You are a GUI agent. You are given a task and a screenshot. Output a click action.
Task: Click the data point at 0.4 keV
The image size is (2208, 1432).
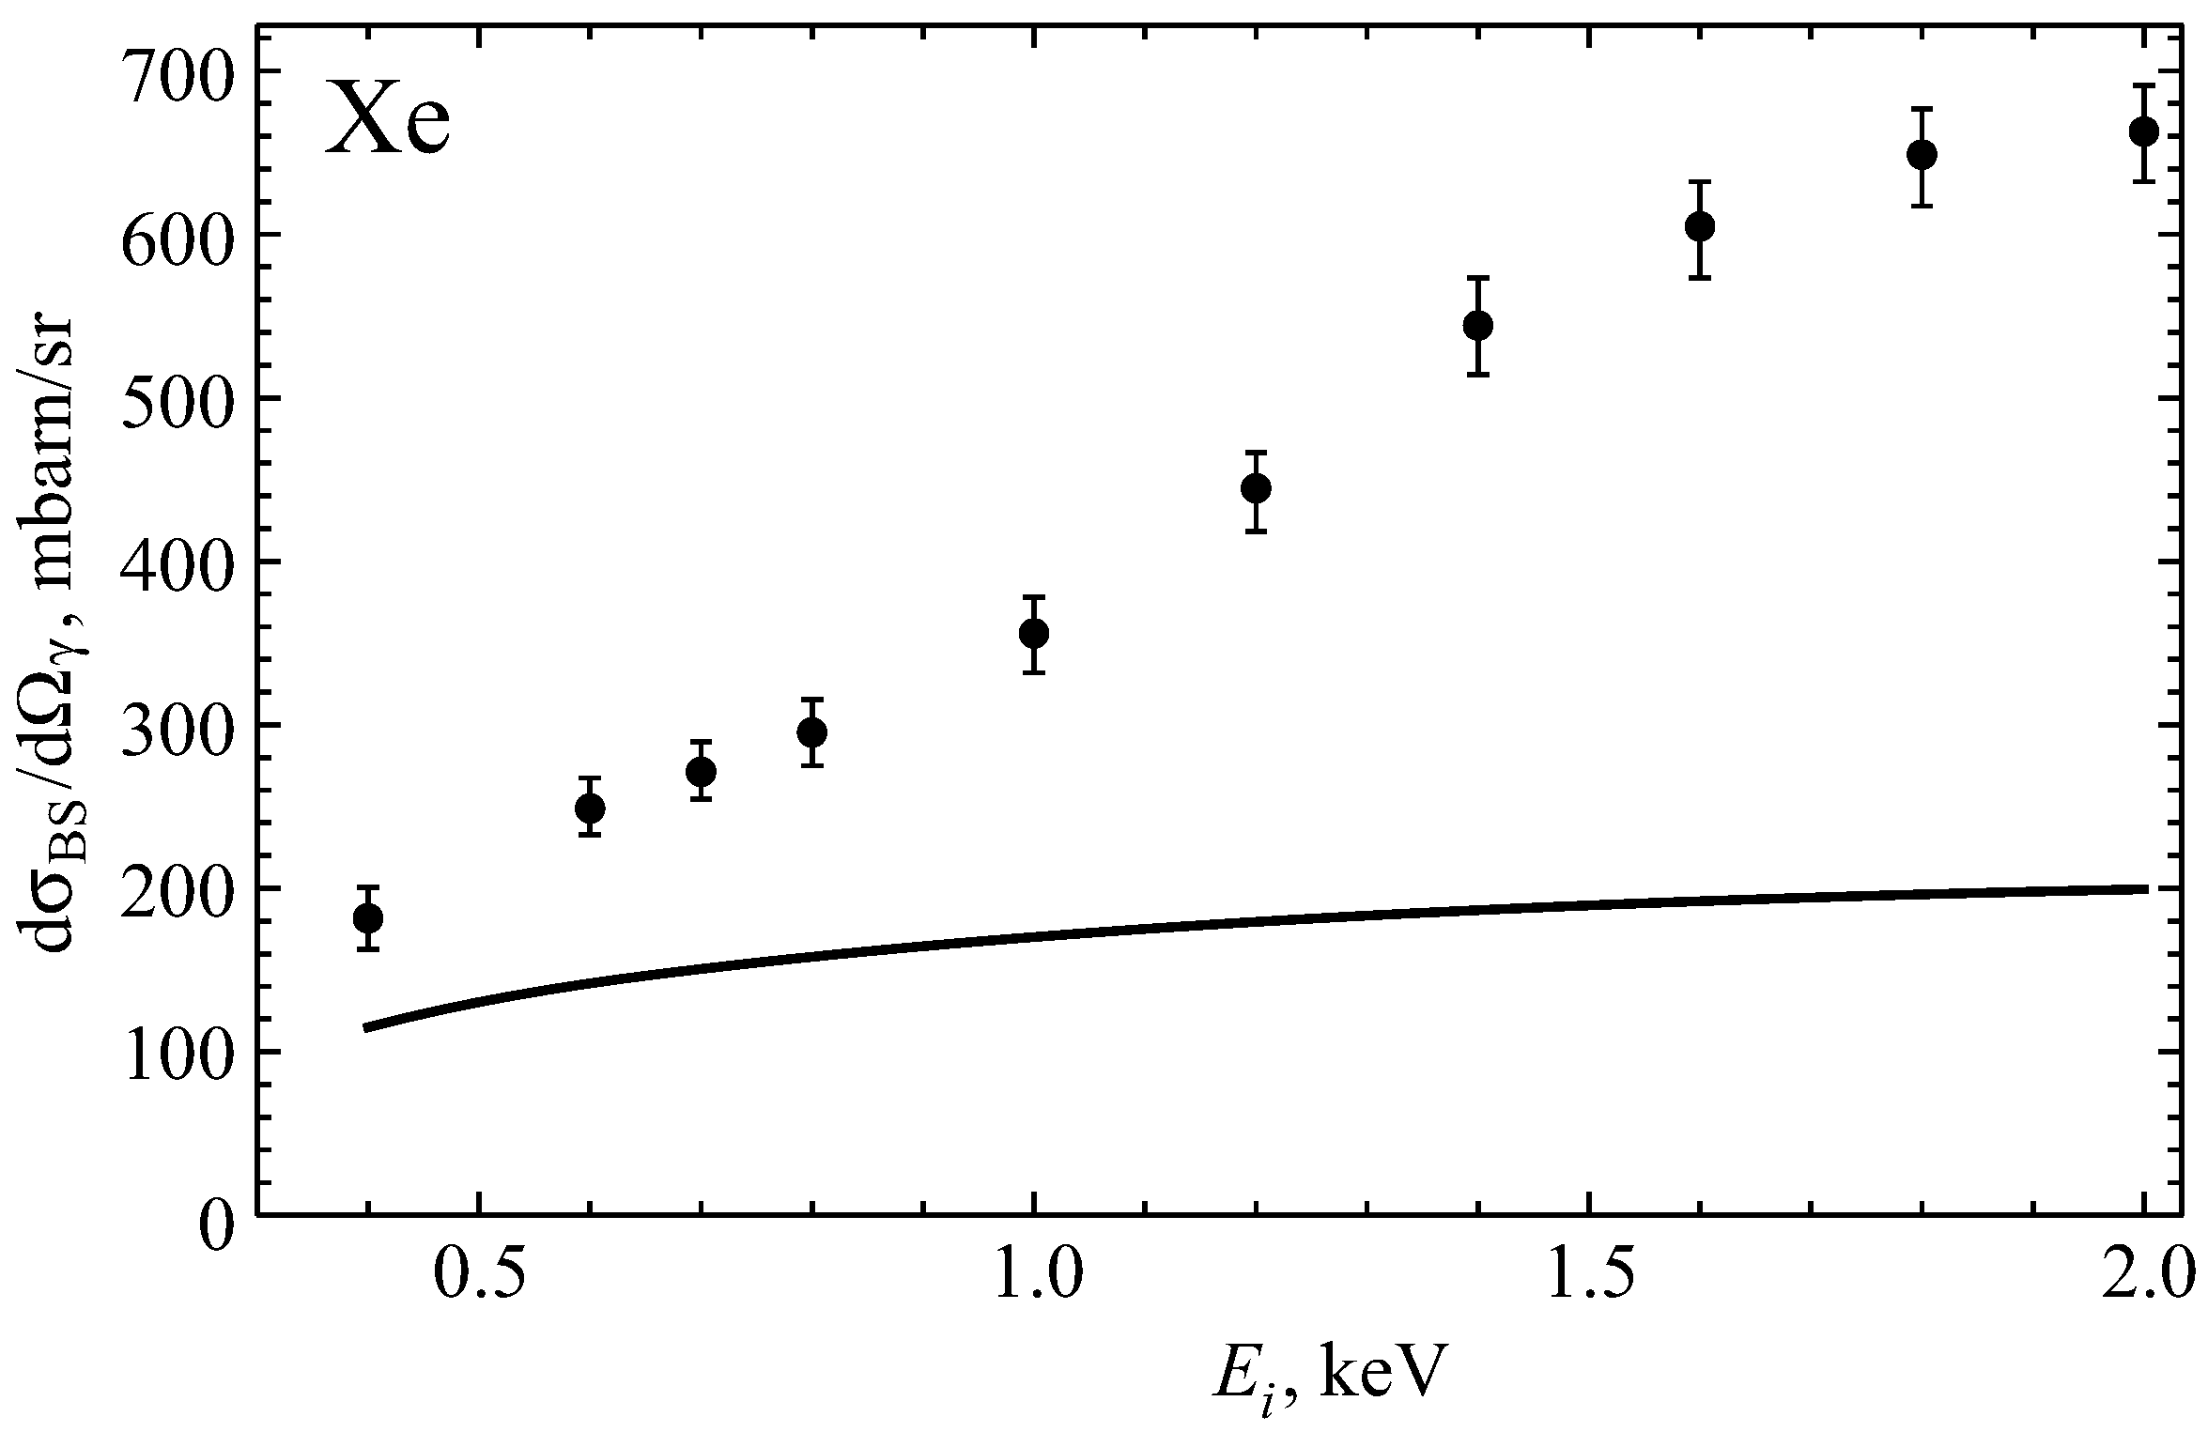(368, 917)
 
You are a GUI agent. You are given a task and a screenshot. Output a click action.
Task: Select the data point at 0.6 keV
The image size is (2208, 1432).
(590, 808)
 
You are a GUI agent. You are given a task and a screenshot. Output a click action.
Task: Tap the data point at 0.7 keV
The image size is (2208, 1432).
(701, 771)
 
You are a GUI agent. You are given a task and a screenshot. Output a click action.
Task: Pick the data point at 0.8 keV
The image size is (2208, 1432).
(812, 732)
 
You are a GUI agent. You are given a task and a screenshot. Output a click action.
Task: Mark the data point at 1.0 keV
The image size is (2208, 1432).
(1034, 633)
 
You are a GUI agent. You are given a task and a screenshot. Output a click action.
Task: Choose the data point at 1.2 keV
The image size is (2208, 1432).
(1256, 488)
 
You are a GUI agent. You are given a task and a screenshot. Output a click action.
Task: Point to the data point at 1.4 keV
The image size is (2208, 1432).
(1478, 326)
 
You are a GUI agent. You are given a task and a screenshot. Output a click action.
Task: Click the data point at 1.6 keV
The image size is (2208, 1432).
(1700, 227)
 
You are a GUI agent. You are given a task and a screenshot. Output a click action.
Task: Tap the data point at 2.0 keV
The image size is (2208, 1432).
(2143, 131)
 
